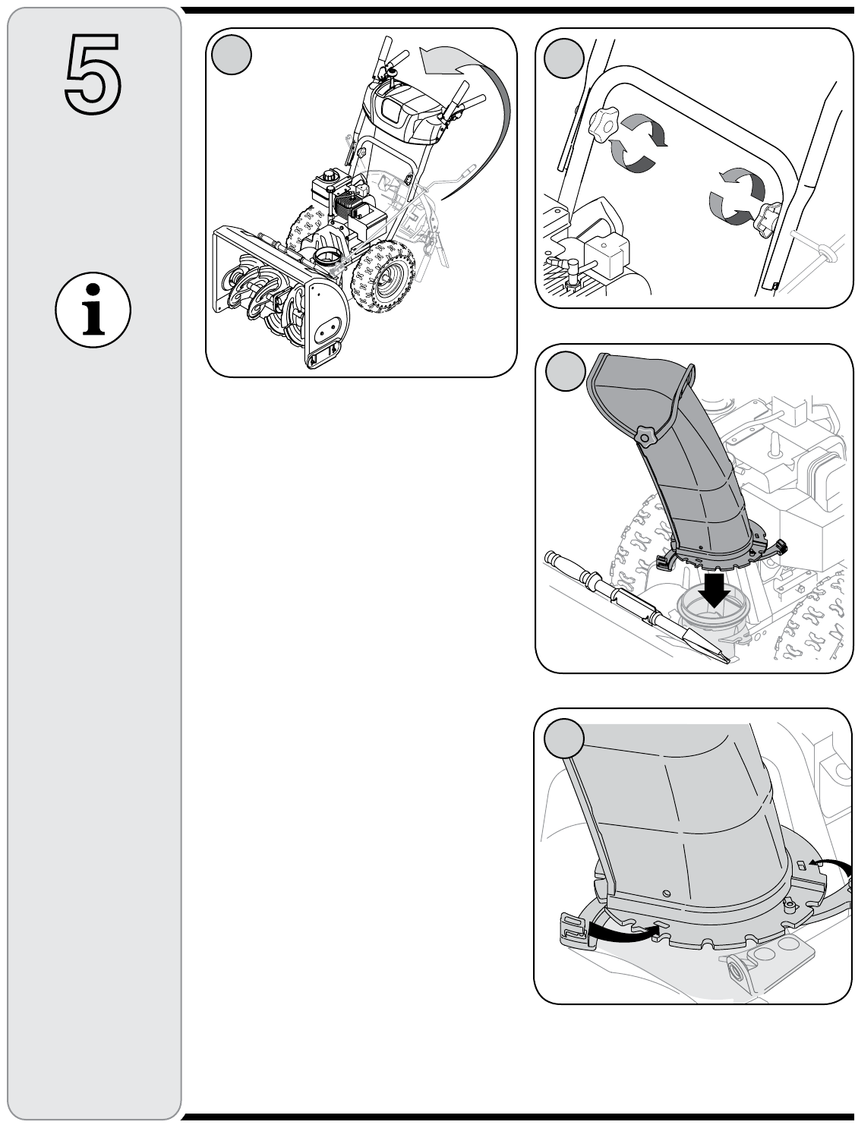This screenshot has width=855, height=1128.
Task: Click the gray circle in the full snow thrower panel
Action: click(231, 55)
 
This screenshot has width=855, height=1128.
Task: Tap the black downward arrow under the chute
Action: click(715, 589)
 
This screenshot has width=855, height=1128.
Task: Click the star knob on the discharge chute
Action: click(646, 437)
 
